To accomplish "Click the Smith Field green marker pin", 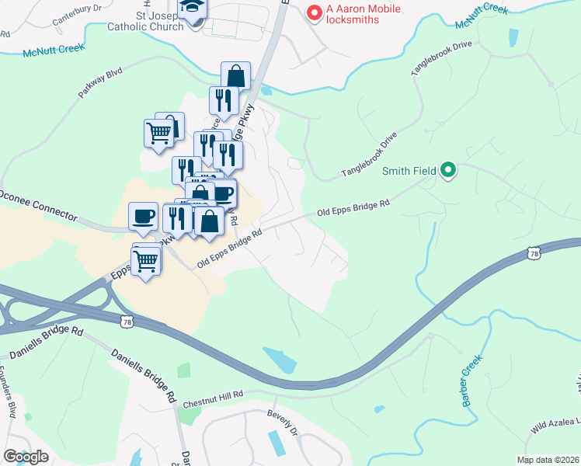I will click(448, 169).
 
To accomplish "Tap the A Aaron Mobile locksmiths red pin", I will click(315, 12).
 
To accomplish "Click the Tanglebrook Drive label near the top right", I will click(441, 55).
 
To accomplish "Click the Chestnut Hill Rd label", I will click(214, 399).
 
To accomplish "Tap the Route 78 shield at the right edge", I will click(532, 253).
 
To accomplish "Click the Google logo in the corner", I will click(26, 457).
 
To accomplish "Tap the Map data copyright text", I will click(547, 460).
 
